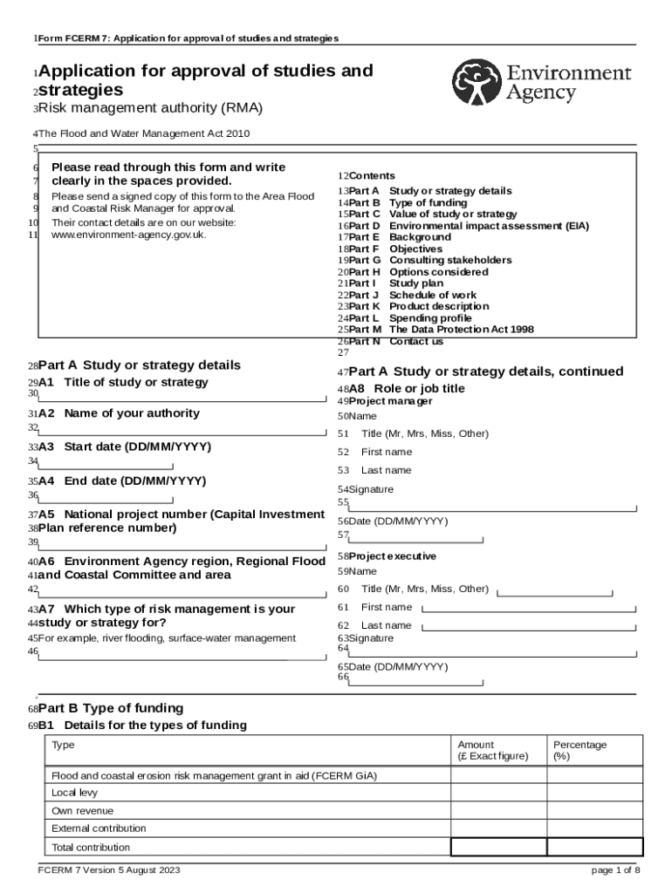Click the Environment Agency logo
pyautogui.click(x=541, y=82)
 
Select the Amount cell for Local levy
pyautogui.click(x=497, y=793)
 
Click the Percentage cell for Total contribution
pyautogui.click(x=594, y=847)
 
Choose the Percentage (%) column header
pyautogui.click(x=579, y=750)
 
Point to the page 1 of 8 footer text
pyautogui.click(x=616, y=870)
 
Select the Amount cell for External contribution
pyautogui.click(x=497, y=828)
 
